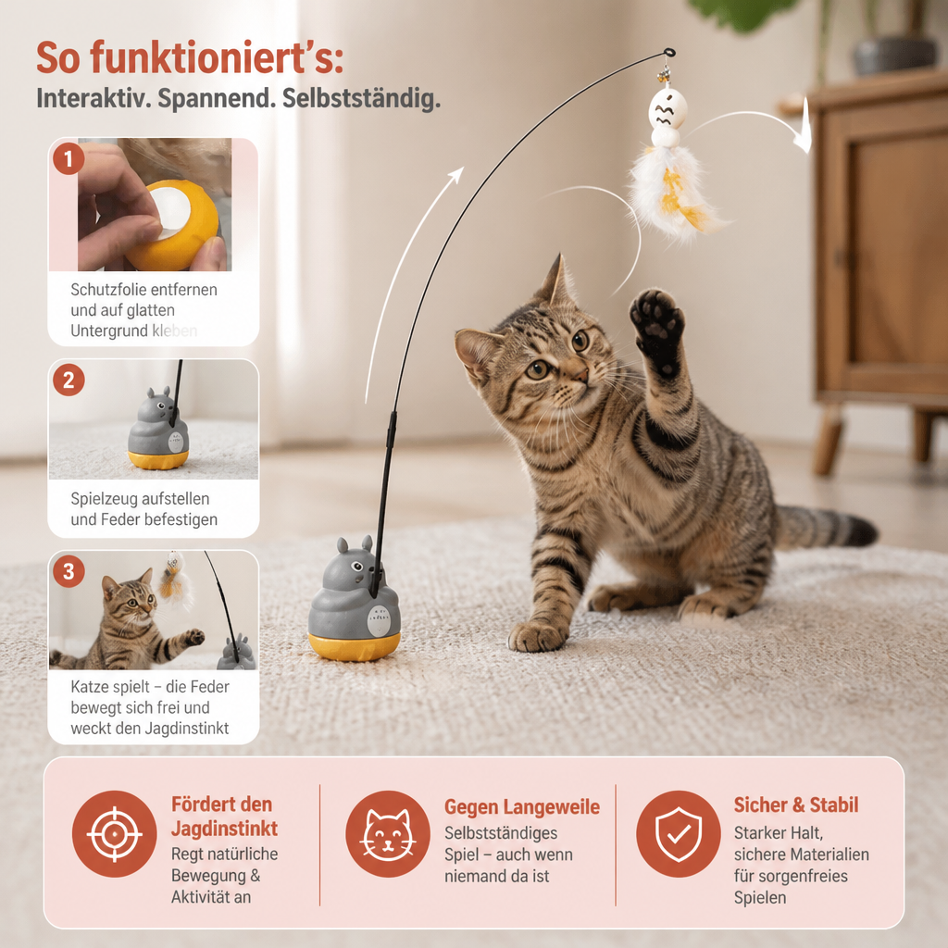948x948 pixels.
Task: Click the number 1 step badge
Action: (x=69, y=159)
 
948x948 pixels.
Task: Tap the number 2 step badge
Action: (x=69, y=380)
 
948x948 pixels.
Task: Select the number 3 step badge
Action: (x=69, y=571)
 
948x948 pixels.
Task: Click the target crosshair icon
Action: (x=114, y=834)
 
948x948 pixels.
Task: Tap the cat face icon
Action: (x=388, y=834)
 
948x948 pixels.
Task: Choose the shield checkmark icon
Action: (x=679, y=834)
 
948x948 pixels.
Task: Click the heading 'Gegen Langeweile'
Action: (x=522, y=806)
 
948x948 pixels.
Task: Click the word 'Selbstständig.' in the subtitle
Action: (x=361, y=98)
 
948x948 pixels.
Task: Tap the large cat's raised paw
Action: (x=656, y=327)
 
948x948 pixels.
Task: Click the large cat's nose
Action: (x=580, y=376)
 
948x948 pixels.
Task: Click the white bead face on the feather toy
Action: (x=667, y=108)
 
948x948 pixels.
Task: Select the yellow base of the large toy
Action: (x=355, y=646)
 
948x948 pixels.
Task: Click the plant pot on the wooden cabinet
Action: (x=895, y=54)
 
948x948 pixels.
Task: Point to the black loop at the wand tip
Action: (x=668, y=53)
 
